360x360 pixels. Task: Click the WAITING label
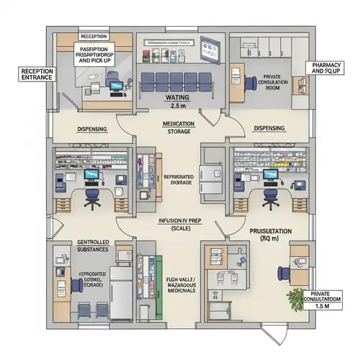point(176,96)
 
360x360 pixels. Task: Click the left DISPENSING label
point(91,129)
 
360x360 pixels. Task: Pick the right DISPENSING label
point(269,128)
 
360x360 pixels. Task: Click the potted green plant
point(295,297)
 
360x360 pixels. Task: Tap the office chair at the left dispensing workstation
point(92,195)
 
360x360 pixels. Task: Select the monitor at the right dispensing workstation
point(271,175)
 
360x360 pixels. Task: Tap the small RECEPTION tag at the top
point(94,35)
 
